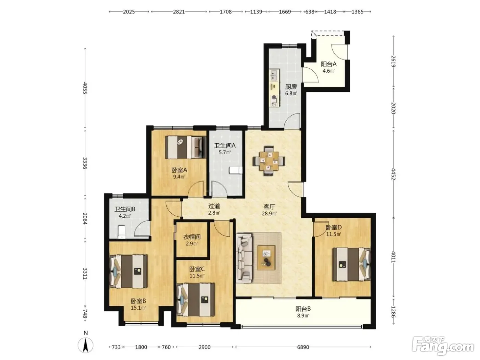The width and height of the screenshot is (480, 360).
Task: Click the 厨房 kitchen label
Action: [x=291, y=87]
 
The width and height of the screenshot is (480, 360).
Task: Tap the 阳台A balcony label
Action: [x=328, y=64]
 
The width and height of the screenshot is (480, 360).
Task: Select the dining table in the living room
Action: [x=269, y=161]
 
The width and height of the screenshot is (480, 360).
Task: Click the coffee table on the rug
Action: [x=266, y=257]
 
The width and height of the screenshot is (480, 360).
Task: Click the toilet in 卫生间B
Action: [x=121, y=232]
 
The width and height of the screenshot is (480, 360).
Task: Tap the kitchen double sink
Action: [x=274, y=75]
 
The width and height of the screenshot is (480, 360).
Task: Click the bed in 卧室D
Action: [x=351, y=264]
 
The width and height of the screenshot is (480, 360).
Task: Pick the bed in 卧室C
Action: [x=195, y=300]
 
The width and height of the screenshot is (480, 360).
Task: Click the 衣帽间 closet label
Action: [x=192, y=237]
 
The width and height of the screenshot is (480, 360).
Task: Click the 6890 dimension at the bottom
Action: [x=303, y=347]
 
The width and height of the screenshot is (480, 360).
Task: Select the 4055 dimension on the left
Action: [x=85, y=88]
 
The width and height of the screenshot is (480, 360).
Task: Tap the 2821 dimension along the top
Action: [x=179, y=12]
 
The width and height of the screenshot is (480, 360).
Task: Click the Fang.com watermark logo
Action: [x=443, y=346]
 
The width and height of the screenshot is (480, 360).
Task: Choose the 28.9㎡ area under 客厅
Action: [x=269, y=213]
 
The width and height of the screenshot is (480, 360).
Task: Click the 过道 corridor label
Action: [x=214, y=206]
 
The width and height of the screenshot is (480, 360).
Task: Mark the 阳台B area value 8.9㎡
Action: [x=303, y=315]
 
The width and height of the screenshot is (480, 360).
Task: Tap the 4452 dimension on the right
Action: [x=393, y=174]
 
